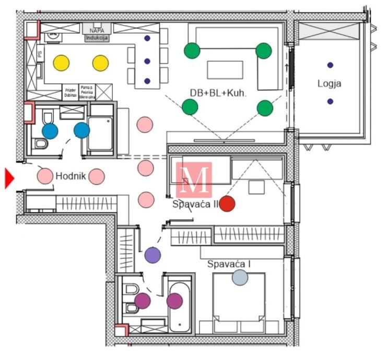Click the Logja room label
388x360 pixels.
(x=329, y=83)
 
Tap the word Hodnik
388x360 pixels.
(x=70, y=176)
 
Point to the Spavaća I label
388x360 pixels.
(x=229, y=264)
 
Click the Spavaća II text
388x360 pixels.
(x=195, y=204)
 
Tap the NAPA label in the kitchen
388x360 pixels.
(x=97, y=30)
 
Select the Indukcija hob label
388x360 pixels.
(x=97, y=38)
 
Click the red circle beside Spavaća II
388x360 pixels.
(x=227, y=203)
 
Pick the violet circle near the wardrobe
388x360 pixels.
(x=152, y=255)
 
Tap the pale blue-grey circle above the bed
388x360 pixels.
(x=240, y=278)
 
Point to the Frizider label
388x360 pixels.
(x=70, y=91)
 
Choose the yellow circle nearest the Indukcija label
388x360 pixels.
(x=101, y=63)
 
